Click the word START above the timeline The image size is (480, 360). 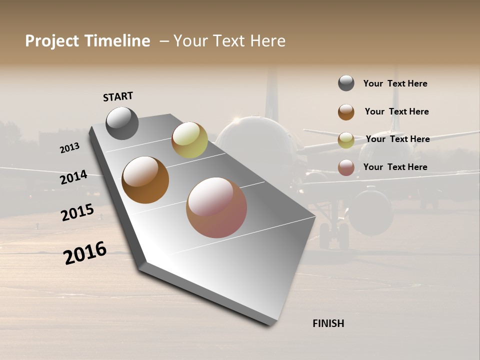pyautogui.click(x=118, y=96)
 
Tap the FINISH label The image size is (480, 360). pyautogui.click(x=328, y=323)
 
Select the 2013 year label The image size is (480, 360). pyautogui.click(x=69, y=148)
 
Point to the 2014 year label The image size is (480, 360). pyautogui.click(x=74, y=177)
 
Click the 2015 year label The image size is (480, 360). pyautogui.click(x=77, y=212)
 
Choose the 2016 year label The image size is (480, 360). pyautogui.click(x=85, y=253)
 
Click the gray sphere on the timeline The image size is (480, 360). pyautogui.click(x=122, y=123)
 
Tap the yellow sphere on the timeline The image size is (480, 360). pyautogui.click(x=189, y=140)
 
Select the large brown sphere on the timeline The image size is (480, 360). pyautogui.click(x=145, y=180)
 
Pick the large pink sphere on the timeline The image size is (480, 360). pyautogui.click(x=216, y=207)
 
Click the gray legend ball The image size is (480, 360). pyautogui.click(x=346, y=83)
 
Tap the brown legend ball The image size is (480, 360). pyautogui.click(x=346, y=112)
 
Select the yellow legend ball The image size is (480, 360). pyautogui.click(x=346, y=140)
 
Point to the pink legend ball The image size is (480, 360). pyautogui.click(x=346, y=167)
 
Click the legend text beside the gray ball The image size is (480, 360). pyautogui.click(x=395, y=83)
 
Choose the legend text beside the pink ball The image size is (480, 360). pyautogui.click(x=395, y=167)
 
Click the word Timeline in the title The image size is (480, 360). pyautogui.click(x=117, y=41)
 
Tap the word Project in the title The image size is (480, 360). pyautogui.click(x=52, y=41)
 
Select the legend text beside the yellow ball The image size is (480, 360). pyautogui.click(x=397, y=139)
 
